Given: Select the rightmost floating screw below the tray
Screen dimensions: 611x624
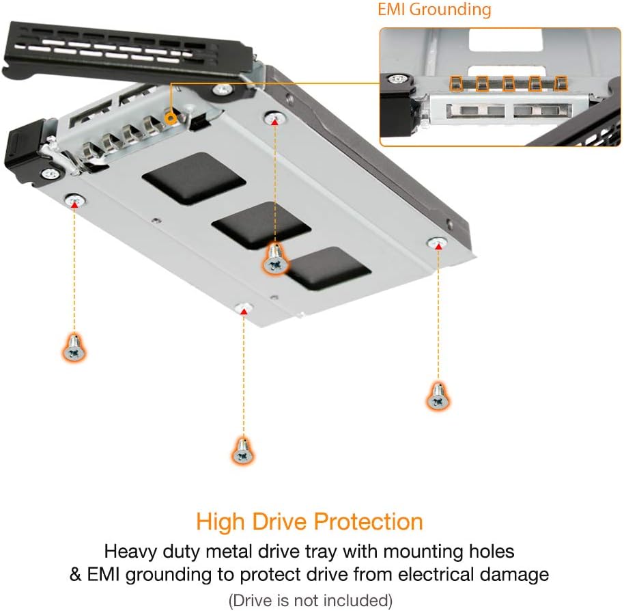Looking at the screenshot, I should tap(437, 396).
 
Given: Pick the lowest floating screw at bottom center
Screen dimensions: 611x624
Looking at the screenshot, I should tap(242, 451).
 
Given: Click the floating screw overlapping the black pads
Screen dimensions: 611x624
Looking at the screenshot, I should tap(275, 260).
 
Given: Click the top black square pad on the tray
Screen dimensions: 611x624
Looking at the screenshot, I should tap(194, 178).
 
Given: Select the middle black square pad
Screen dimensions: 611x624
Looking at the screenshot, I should tap(261, 225).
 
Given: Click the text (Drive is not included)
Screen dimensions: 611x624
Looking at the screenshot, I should tap(311, 600).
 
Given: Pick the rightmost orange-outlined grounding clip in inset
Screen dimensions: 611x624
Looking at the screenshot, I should tap(561, 83).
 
